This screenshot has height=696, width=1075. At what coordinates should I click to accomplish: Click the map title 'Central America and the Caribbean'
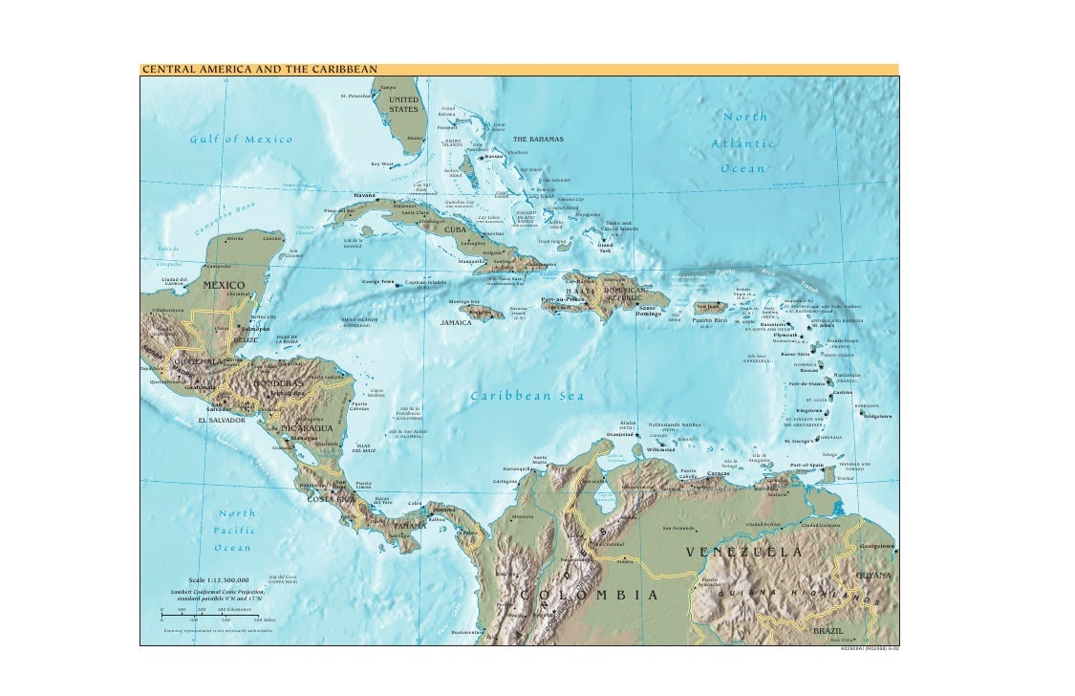click(x=260, y=69)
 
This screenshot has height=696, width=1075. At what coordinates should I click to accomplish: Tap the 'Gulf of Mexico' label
click(x=241, y=140)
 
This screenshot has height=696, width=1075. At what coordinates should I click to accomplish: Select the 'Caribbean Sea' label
click(x=527, y=397)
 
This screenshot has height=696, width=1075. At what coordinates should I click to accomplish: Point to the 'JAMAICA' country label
click(x=457, y=323)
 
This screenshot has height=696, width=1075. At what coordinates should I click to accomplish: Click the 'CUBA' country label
click(x=453, y=229)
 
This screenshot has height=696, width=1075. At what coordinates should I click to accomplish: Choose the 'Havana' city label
click(x=365, y=195)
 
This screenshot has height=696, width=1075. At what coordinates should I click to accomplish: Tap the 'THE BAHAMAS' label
click(x=538, y=140)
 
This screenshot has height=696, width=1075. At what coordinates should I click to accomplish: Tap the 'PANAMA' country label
click(x=410, y=526)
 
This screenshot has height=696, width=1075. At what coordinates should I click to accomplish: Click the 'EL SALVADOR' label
click(x=222, y=420)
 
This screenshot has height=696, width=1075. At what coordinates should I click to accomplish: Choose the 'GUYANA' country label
click(x=873, y=575)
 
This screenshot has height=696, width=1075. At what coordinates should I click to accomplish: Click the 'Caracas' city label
click(x=719, y=473)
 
